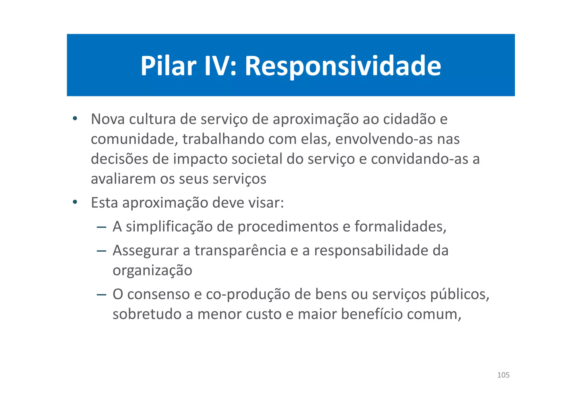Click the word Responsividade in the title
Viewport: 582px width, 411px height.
coord(343,66)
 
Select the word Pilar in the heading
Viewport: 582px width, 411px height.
coord(168,66)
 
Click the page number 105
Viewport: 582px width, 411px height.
coord(503,375)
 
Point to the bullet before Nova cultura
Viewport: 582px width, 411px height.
coord(75,118)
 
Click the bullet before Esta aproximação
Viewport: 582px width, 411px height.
coord(75,202)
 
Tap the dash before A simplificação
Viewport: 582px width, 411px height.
coord(101,227)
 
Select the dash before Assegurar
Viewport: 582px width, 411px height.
coord(101,251)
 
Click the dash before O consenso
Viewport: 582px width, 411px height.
coord(101,295)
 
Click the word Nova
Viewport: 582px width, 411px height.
coord(108,119)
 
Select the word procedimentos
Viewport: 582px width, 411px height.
coord(288,227)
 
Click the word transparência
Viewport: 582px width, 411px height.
coord(240,251)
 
